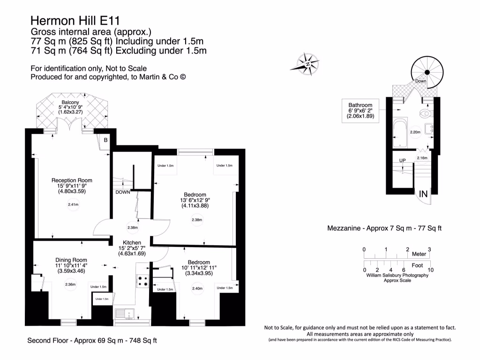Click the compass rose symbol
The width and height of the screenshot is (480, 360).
pyautogui.click(x=308, y=64)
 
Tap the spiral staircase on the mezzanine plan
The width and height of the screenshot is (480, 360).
pyautogui.click(x=427, y=72)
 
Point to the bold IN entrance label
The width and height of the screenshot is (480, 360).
pyautogui.click(x=423, y=194)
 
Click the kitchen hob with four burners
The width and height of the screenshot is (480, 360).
pyautogui.click(x=142, y=280)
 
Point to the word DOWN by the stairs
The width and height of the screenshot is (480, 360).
pyautogui.click(x=122, y=192)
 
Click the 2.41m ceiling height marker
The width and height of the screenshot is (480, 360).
pyautogui.click(x=73, y=204)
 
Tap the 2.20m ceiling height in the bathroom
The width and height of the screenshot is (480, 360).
pyautogui.click(x=415, y=133)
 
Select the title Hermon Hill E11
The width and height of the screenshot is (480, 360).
pyautogui.click(x=75, y=21)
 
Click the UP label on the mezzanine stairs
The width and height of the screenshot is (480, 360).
pyautogui.click(x=402, y=161)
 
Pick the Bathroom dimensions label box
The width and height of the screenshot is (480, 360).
pyautogui.click(x=360, y=111)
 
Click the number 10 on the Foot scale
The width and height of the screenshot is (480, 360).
pyautogui.click(x=430, y=270)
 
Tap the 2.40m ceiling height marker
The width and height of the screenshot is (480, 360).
pyautogui.click(x=197, y=289)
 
